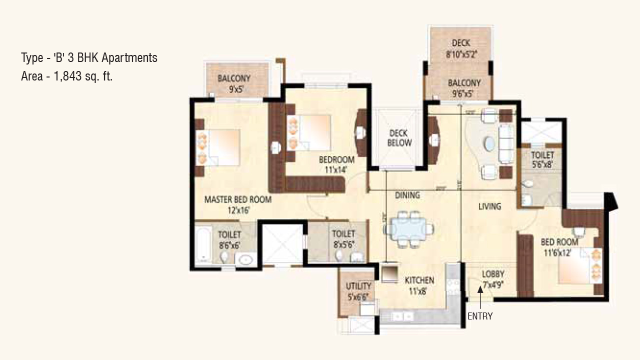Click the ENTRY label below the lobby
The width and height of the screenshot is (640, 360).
[480, 316]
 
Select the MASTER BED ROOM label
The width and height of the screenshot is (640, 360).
[238, 204]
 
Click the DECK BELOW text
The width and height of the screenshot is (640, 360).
[399, 138]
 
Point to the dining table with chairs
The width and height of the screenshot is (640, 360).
[408, 229]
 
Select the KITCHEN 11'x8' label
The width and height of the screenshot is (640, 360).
[419, 285]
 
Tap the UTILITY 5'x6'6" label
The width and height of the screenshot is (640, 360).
[359, 290]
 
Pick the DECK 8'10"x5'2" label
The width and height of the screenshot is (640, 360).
[461, 49]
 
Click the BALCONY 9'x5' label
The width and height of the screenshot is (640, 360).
[233, 83]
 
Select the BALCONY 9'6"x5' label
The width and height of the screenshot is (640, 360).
[463, 88]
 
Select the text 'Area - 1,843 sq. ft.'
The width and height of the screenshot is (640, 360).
[66, 76]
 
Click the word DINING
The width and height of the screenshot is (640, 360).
[407, 195]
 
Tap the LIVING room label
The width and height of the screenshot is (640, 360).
[489, 206]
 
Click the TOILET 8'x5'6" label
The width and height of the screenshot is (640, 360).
[343, 238]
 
